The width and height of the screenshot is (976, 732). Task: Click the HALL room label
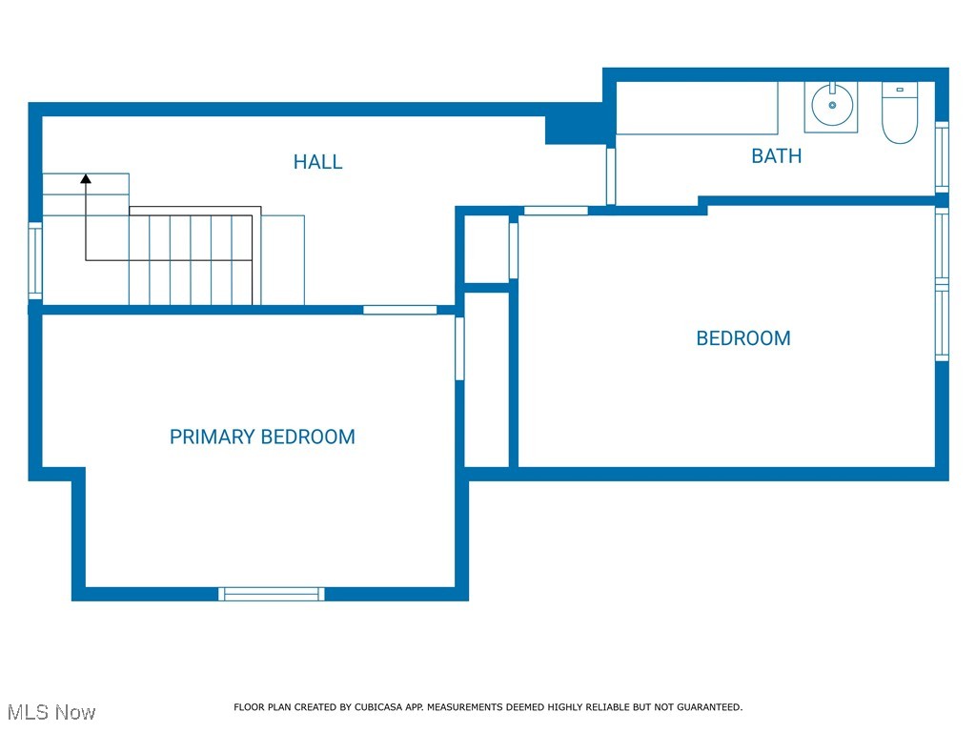tap(317, 162)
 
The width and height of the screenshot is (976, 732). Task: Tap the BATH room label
tap(776, 156)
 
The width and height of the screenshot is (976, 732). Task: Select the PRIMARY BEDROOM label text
tap(262, 437)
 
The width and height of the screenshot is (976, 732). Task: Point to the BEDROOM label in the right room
tap(743, 338)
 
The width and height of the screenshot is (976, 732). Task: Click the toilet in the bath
tap(899, 113)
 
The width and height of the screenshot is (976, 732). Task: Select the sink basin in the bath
tap(832, 106)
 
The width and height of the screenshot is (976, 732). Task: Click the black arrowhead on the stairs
tap(86, 177)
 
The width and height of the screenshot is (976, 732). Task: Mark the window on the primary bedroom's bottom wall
tap(272, 594)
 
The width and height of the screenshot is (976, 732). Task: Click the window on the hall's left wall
tap(35, 259)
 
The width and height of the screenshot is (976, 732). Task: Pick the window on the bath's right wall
tap(942, 155)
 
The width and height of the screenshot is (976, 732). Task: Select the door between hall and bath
tap(611, 175)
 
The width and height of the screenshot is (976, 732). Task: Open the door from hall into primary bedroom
tap(400, 309)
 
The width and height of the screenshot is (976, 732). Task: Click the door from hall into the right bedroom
tap(556, 211)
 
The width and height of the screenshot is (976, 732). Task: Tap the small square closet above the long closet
tap(486, 249)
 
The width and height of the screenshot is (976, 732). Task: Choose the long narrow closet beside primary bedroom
tap(486, 379)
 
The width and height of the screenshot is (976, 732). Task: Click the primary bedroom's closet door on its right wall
tap(459, 349)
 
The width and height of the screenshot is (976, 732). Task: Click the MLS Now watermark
tap(51, 712)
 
